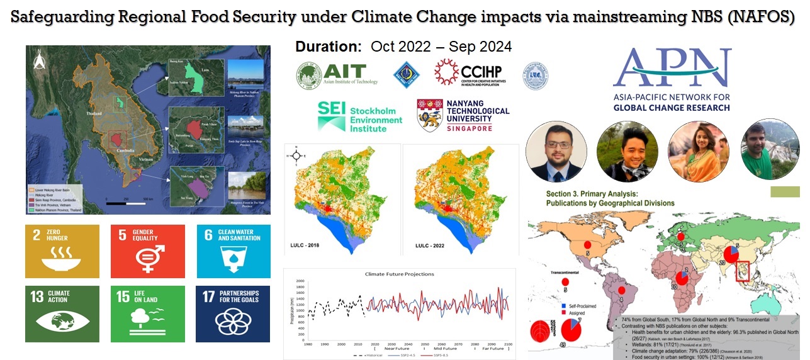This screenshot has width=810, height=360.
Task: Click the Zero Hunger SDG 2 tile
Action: (62, 251)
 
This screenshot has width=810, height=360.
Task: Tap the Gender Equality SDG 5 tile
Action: (147, 251)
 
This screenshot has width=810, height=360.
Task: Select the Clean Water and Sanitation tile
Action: (233, 251)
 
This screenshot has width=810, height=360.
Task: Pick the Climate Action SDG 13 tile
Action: (62, 313)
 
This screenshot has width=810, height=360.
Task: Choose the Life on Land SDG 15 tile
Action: (147, 313)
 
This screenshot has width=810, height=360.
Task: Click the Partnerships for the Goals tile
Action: (233, 313)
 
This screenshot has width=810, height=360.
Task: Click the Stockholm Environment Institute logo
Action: (359, 116)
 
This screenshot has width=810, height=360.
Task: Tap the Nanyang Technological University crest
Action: (430, 115)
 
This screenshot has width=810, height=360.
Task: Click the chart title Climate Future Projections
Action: (399, 274)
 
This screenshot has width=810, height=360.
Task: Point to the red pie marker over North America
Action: (587, 245)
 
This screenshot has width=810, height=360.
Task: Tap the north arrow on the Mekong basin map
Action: (36, 60)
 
